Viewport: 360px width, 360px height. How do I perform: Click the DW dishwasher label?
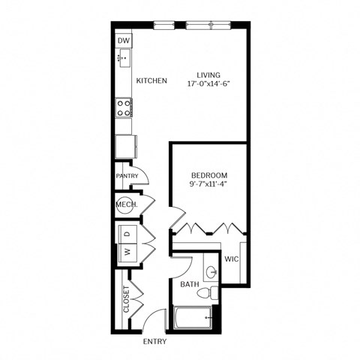tap(124, 40)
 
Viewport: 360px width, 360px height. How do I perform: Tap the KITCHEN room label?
tap(151, 80)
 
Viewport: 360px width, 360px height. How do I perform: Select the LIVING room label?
tap(208, 74)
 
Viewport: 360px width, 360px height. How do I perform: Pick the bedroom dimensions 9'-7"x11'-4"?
tap(208, 183)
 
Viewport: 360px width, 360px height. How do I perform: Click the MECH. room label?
tap(124, 204)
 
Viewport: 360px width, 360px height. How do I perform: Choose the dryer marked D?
tap(127, 235)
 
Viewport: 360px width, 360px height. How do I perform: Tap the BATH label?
tap(189, 285)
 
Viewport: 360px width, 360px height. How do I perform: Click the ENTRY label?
tap(154, 342)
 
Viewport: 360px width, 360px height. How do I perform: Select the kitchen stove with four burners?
tap(124, 106)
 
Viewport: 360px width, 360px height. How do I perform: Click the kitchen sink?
tap(124, 56)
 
